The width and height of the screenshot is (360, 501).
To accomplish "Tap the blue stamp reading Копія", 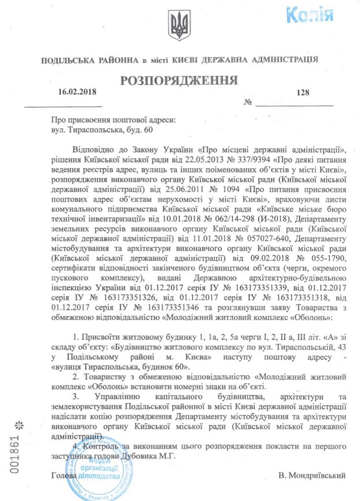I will coord(310,15).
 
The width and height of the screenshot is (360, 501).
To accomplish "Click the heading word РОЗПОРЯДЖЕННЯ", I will coord(179,80).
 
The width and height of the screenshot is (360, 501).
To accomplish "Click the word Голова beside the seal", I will coord(64,475).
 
